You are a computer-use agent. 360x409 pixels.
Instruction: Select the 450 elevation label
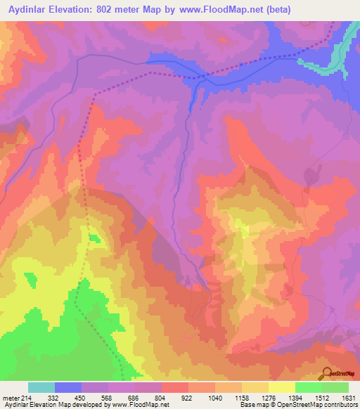click(82, 397)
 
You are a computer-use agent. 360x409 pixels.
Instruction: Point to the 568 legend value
click(108, 397)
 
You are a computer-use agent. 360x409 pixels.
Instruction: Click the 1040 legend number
click(215, 397)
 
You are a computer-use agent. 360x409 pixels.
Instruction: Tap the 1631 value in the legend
click(347, 397)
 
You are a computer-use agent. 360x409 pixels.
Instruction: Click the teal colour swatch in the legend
click(41, 387)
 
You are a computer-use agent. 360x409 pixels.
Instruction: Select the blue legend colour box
click(68, 387)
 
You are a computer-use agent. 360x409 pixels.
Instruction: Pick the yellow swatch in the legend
click(282, 387)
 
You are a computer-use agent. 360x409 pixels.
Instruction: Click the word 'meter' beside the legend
click(10, 397)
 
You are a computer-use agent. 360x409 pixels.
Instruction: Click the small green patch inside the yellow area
click(94, 239)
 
